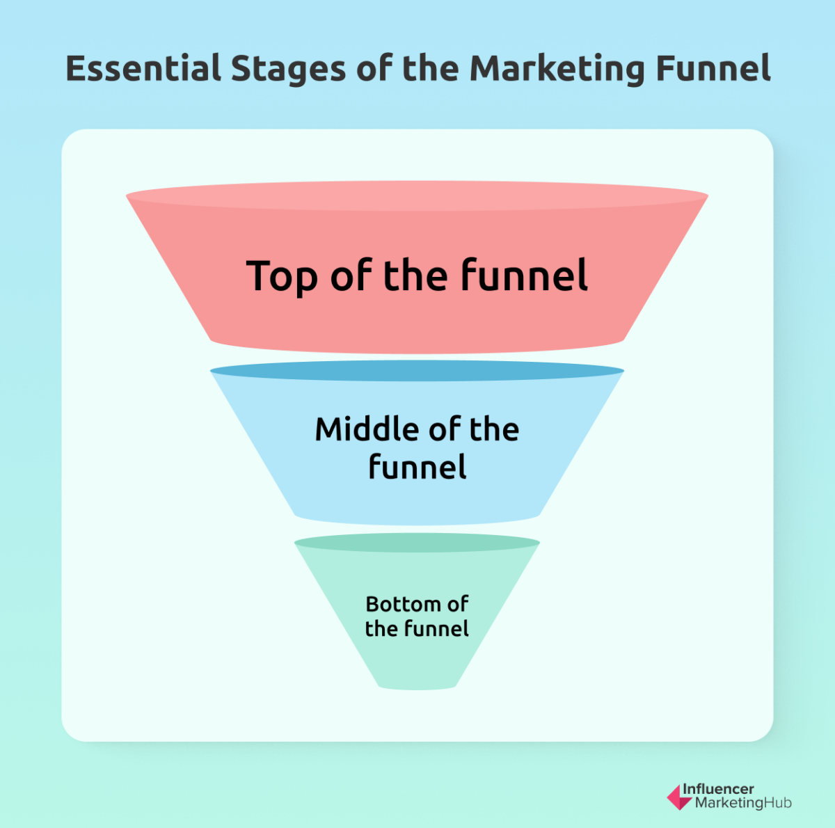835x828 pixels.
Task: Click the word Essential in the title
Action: tap(143, 69)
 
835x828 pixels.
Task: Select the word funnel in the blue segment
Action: tap(417, 466)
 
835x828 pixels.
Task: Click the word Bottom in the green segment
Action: tap(403, 603)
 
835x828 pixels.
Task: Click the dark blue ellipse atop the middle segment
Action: tap(417, 371)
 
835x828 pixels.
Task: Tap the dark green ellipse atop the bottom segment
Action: tap(417, 543)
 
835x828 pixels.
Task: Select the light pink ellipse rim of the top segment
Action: tap(417, 196)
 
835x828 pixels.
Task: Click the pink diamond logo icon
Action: tap(678, 797)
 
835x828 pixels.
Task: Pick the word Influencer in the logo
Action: tap(718, 789)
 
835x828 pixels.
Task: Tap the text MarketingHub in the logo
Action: tap(743, 803)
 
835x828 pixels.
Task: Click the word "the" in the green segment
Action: tap(381, 628)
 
